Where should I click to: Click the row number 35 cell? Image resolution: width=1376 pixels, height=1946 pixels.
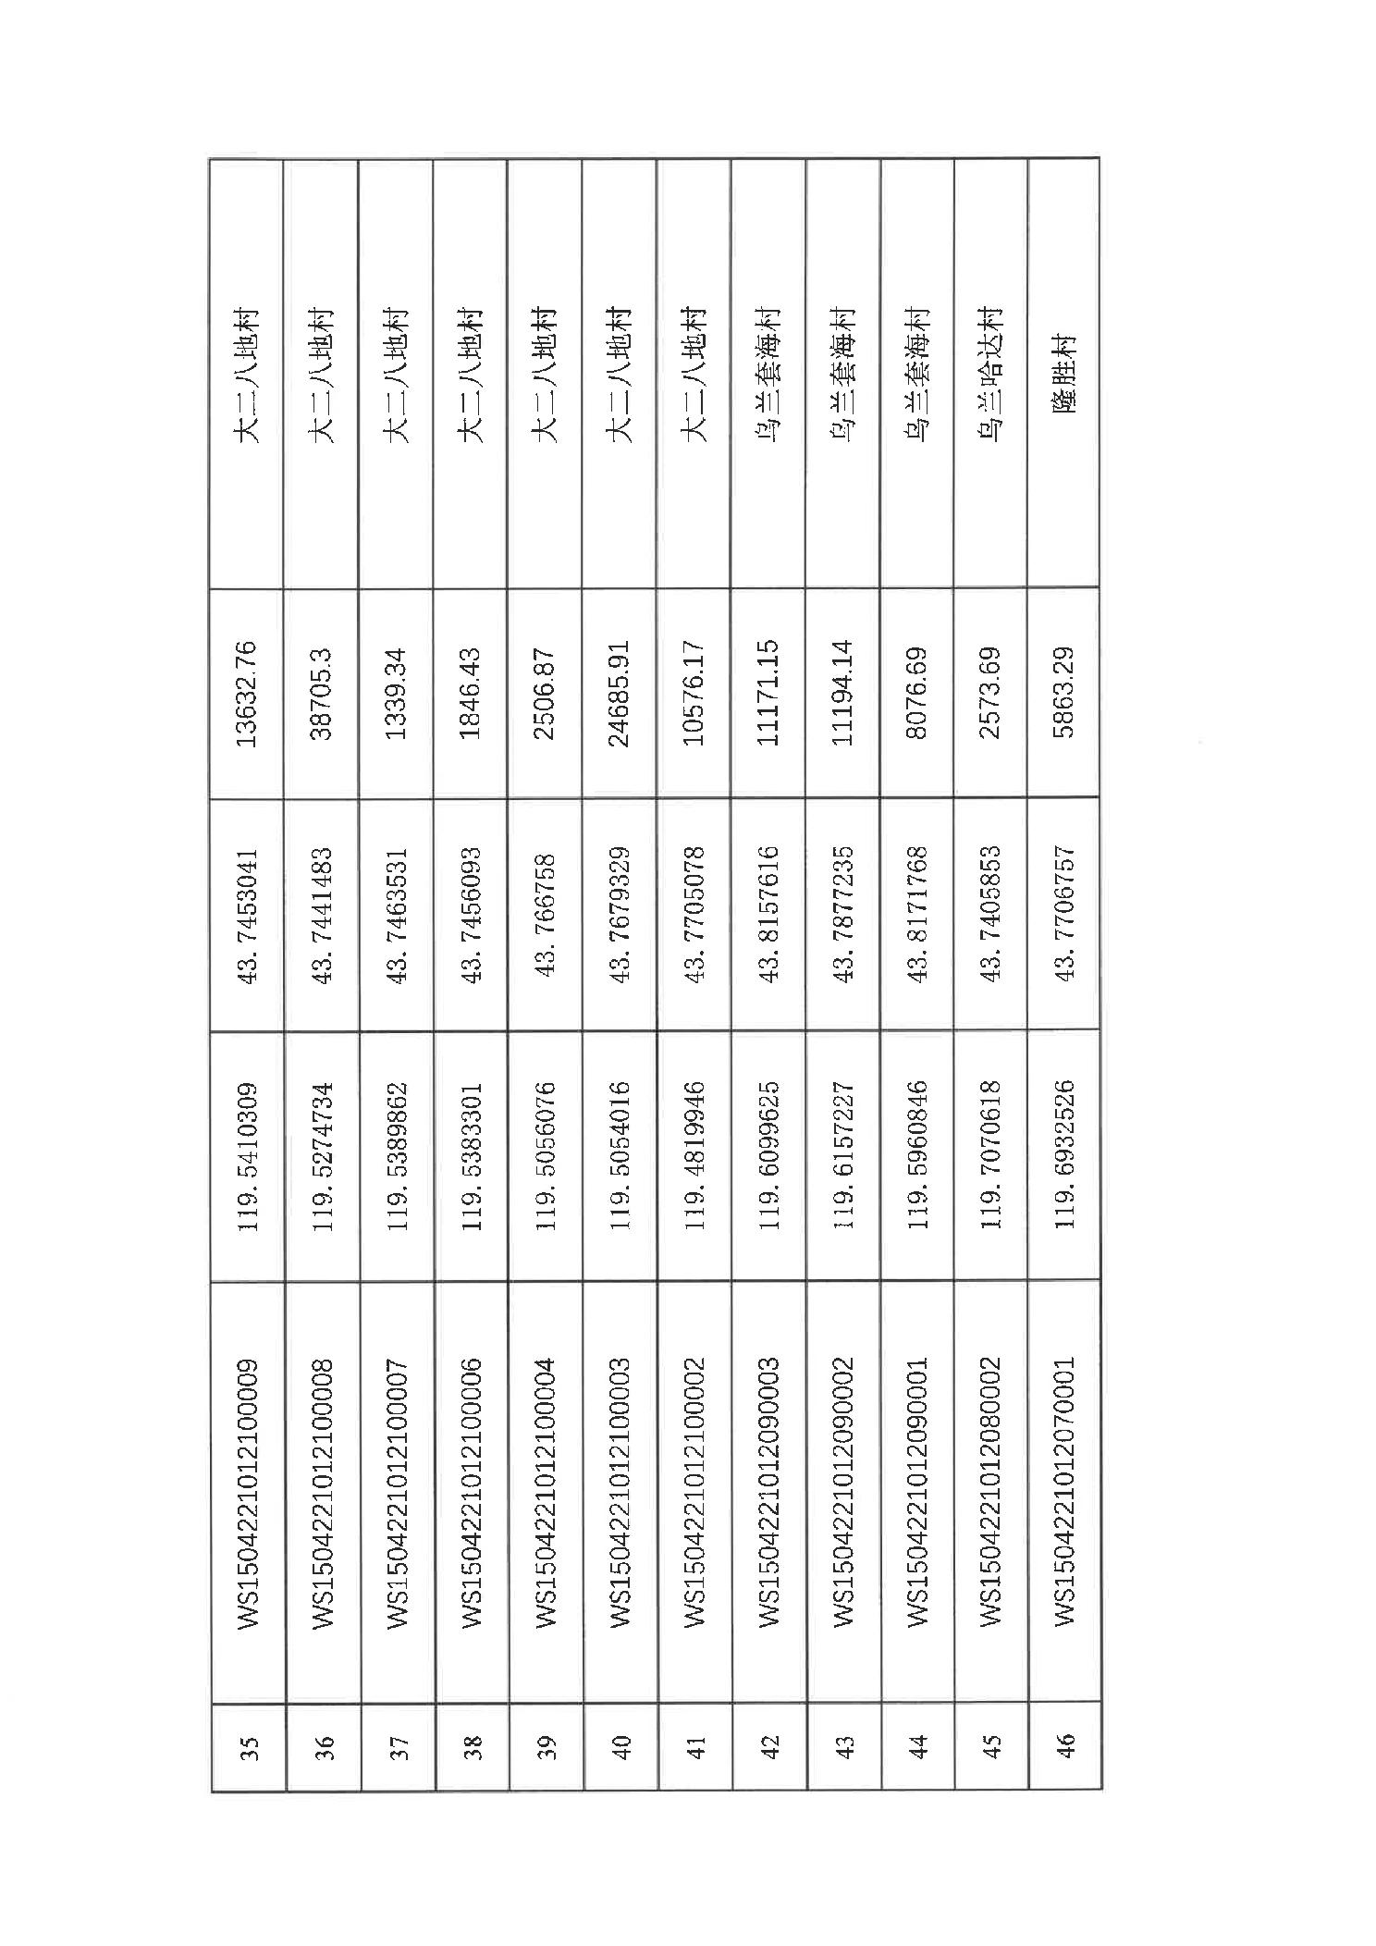click(x=248, y=1747)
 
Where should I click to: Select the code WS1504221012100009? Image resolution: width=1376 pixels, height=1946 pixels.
click(x=248, y=1492)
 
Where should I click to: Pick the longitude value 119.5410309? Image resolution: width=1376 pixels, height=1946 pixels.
click(x=248, y=1155)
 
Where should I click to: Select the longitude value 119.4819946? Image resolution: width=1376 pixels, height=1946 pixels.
click(x=694, y=1155)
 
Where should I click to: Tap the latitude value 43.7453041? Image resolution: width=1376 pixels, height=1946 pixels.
click(x=248, y=915)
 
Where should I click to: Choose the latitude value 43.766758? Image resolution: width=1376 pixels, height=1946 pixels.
click(x=546, y=915)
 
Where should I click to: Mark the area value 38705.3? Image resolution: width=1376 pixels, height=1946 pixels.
click(x=323, y=692)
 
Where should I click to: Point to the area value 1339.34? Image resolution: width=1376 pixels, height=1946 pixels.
click(x=397, y=692)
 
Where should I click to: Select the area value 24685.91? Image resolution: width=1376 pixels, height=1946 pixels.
click(x=620, y=692)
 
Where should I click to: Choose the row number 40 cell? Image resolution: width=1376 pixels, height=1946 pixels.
click(x=620, y=1747)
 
